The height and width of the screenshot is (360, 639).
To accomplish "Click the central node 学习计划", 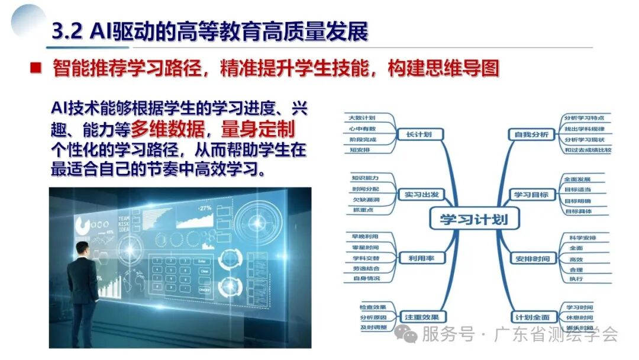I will point(473,220).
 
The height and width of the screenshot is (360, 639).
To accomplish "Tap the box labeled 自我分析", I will point(531,134).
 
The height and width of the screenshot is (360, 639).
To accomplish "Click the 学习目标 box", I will point(531,194).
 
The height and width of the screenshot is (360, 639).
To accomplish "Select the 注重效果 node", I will point(422,317).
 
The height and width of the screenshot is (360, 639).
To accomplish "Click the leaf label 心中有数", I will point(362,128).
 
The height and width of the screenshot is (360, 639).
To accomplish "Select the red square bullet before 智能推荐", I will point(35,67).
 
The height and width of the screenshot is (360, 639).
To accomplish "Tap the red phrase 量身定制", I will point(258,129).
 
